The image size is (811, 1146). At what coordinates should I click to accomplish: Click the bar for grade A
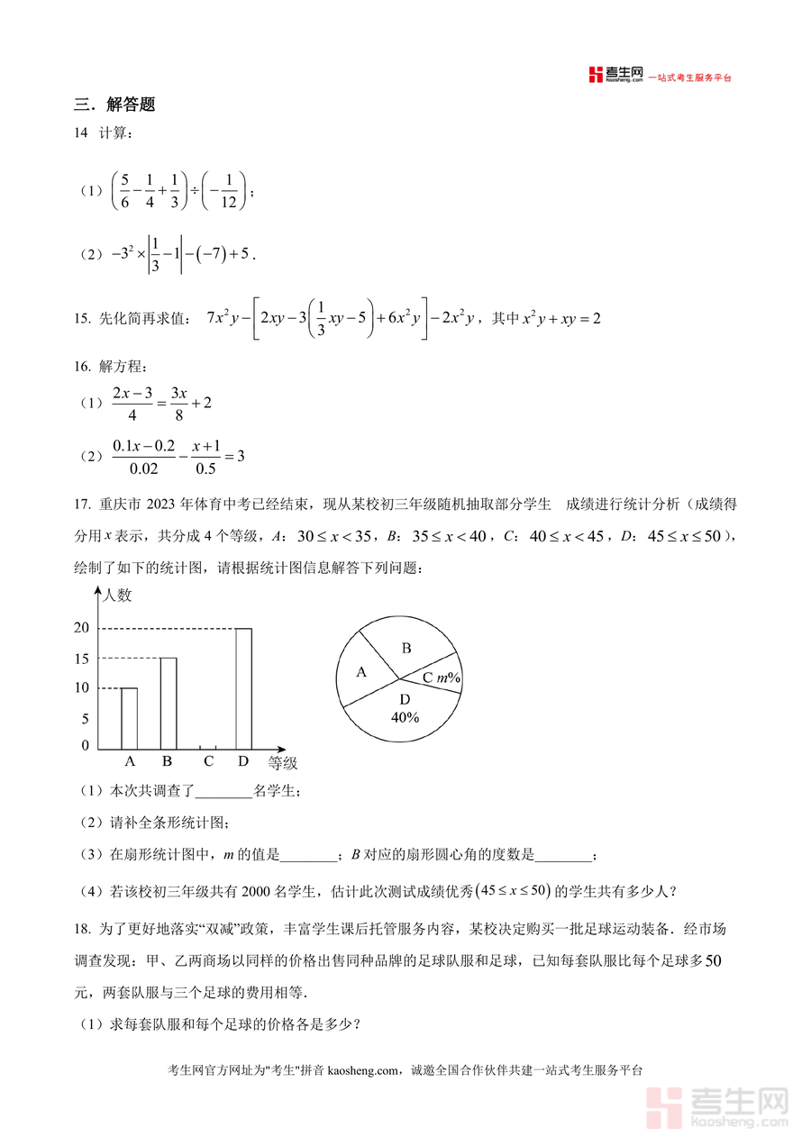pos(130,718)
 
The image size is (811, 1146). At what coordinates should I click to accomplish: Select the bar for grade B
pos(168,703)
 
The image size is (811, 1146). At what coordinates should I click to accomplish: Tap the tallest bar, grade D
pos(243,688)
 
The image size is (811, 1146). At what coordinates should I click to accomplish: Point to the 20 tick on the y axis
pos(81,628)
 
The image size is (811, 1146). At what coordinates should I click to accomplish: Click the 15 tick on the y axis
pos(81,659)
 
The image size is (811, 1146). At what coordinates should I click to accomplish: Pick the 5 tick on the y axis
pos(85,719)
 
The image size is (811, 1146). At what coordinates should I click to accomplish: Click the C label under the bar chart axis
pos(208,761)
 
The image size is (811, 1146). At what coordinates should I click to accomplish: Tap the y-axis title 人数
pos(117,596)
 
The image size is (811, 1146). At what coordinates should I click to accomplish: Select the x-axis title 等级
pos(282,764)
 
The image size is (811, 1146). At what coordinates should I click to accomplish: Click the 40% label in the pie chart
pos(405,717)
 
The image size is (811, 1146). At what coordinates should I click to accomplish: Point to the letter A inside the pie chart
pos(361,672)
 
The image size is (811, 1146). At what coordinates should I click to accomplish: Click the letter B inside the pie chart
pos(406,648)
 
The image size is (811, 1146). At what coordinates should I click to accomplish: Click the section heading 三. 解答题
pos(114,105)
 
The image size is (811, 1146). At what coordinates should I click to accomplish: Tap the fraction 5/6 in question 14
pos(124,190)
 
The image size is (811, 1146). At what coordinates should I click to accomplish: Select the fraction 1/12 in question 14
pos(226,190)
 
